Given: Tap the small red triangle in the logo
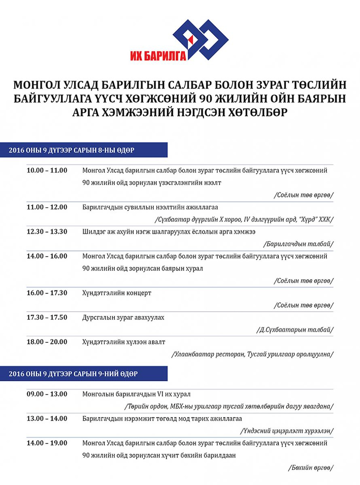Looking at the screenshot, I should click(x=191, y=39).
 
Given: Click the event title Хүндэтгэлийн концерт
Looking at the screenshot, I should click(x=117, y=293).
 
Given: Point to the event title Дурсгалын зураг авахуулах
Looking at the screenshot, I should click(x=123, y=317).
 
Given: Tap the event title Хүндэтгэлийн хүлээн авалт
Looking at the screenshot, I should click(x=124, y=342).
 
